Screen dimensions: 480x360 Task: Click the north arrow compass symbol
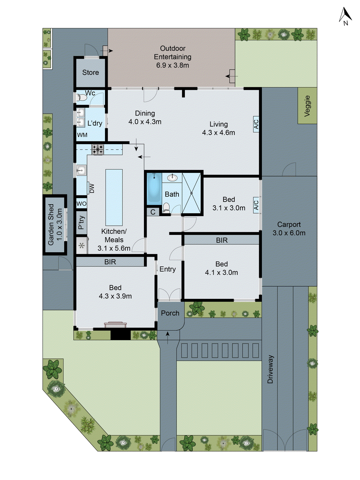point(345,16)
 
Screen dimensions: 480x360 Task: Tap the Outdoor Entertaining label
point(172,57)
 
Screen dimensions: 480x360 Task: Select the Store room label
point(90,73)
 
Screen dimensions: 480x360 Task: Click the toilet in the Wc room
point(81,97)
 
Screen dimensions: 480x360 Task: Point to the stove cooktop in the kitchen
point(98,149)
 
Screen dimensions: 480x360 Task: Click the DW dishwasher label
point(91,188)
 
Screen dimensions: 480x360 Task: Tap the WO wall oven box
point(81,204)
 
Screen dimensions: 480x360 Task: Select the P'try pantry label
point(81,223)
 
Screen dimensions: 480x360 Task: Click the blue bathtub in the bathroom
point(154,189)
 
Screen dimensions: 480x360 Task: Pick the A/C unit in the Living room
point(256,124)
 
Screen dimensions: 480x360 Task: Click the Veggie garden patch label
point(307,106)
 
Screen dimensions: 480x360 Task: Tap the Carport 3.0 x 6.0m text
point(289,229)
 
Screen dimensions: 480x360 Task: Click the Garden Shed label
point(55,224)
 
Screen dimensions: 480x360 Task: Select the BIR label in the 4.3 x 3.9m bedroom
point(110,262)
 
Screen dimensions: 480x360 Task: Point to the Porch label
point(170,313)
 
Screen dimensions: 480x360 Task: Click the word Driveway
point(270,369)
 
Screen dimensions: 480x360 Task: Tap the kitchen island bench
point(114,197)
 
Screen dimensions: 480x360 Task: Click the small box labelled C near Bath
point(153,212)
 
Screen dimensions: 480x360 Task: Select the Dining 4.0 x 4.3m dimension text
point(145,122)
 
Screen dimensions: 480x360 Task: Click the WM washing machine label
point(82,135)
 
